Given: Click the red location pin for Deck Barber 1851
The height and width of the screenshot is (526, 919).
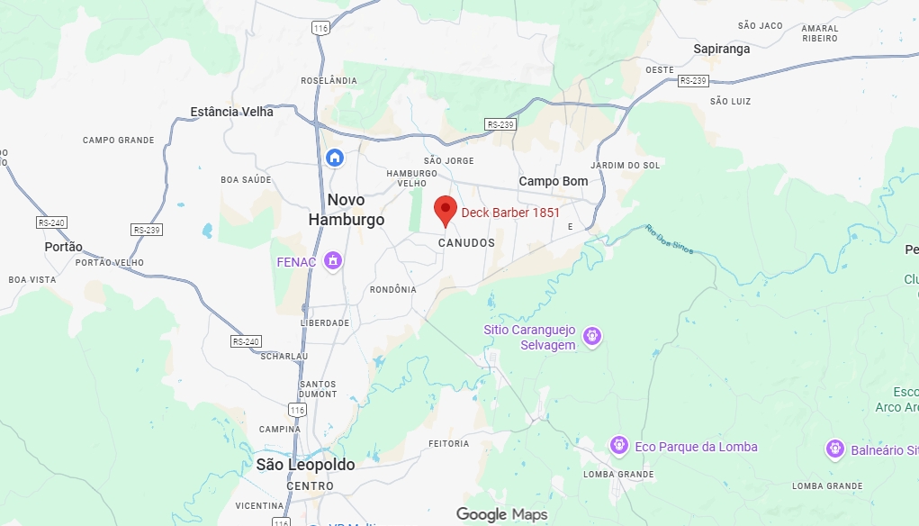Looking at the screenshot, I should (x=445, y=210).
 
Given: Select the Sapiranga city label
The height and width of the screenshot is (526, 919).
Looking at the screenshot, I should (x=722, y=49).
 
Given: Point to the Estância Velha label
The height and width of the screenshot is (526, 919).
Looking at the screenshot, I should (x=232, y=112).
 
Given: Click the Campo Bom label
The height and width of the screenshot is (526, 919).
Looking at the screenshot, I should (x=554, y=181).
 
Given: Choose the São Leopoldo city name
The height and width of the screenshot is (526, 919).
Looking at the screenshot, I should (x=305, y=465).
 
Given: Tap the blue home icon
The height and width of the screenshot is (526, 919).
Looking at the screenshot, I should (x=335, y=158).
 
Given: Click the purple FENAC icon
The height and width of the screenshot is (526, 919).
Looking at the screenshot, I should (x=334, y=261).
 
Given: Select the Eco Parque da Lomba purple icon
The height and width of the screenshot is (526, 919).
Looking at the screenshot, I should (x=618, y=446).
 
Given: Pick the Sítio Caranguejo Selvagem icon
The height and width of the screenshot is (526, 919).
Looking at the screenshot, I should (x=592, y=336).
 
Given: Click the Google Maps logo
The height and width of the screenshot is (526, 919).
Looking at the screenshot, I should (x=501, y=514).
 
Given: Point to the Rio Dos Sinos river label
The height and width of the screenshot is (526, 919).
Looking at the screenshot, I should (x=670, y=240).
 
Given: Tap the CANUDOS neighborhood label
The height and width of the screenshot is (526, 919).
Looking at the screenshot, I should (x=466, y=243).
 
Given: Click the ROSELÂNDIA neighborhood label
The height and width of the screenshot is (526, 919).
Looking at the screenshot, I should (x=329, y=80).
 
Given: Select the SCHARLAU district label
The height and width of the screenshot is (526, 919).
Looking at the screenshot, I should (x=284, y=356).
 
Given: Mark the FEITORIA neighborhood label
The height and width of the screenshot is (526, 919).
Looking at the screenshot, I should (x=448, y=443).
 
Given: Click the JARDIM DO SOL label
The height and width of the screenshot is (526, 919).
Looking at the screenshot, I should (x=625, y=166).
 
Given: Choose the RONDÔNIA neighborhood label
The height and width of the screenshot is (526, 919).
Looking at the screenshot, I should (x=393, y=289).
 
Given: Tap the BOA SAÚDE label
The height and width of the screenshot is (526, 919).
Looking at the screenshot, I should (x=244, y=179).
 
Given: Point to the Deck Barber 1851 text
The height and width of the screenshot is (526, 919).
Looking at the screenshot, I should (x=510, y=213).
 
